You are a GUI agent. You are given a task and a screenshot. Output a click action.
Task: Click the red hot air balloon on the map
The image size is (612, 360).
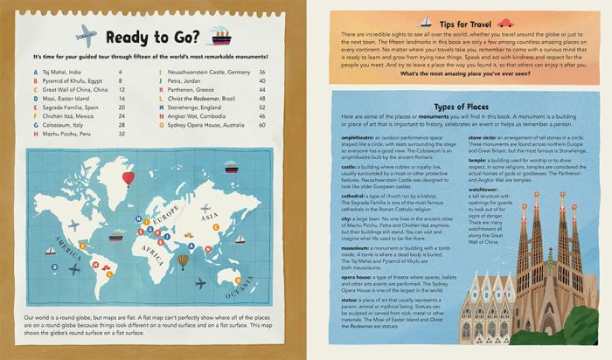coord(129,179)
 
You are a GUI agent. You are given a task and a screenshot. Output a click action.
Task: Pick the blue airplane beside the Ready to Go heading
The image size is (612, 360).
coord(86,35)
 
